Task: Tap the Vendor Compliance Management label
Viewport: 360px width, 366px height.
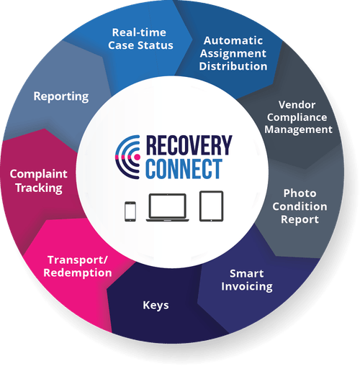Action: (x=297, y=117)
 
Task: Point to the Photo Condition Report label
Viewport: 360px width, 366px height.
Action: (x=305, y=206)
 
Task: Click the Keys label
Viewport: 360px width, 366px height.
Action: (x=156, y=306)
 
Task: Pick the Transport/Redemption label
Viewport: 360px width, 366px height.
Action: (x=79, y=266)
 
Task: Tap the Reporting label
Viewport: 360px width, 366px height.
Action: (x=61, y=96)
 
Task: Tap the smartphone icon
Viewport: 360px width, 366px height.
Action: (x=130, y=211)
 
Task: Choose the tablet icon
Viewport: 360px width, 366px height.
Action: (x=210, y=206)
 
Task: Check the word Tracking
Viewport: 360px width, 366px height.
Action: (x=36, y=188)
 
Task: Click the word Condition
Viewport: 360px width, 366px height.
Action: (x=305, y=206)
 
